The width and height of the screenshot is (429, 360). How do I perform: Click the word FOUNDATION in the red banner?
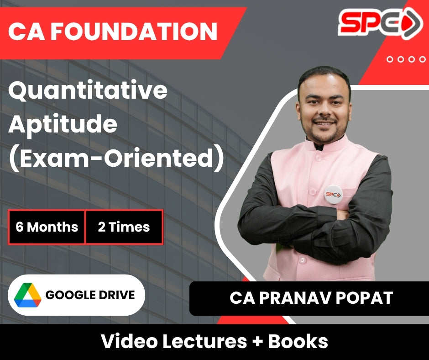tap(134, 32)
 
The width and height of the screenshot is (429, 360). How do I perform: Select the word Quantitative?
tap(88, 91)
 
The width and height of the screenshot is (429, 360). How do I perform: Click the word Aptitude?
tap(63, 124)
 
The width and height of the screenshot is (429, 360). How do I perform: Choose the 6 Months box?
tap(47, 227)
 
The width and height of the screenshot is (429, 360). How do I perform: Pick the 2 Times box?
tap(124, 227)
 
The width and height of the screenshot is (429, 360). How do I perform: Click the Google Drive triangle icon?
tap(28, 295)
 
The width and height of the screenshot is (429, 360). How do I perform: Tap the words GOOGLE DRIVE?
tap(90, 295)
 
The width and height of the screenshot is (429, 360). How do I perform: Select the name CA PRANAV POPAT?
tap(311, 298)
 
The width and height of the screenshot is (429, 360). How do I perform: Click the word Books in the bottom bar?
tap(298, 341)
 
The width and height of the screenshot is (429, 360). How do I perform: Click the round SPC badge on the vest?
tap(333, 195)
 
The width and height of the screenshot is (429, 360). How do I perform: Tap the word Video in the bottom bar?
tap(129, 341)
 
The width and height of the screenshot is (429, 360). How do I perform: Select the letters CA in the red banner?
tap(26, 32)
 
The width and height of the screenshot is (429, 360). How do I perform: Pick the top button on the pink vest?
tap(318, 158)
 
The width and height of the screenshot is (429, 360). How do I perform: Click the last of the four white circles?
tap(423, 59)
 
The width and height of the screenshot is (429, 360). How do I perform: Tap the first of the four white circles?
tap(390, 59)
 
